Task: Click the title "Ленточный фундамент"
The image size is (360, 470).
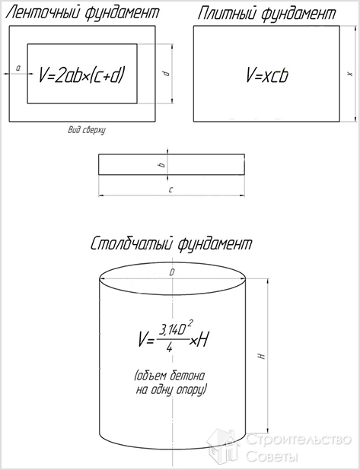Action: pyautogui.click(x=82, y=14)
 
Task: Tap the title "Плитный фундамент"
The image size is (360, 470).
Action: pyautogui.click(x=266, y=14)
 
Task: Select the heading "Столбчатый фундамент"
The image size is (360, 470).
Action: pyautogui.click(x=171, y=244)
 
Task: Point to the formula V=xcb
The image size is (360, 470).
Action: pyautogui.click(x=267, y=75)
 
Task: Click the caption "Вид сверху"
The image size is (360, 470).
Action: pyautogui.click(x=87, y=130)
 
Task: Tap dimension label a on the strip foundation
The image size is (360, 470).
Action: pyautogui.click(x=18, y=68)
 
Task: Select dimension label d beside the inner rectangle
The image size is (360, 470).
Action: pyautogui.click(x=167, y=73)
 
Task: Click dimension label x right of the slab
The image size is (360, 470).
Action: pyautogui.click(x=350, y=74)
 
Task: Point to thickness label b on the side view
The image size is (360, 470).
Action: pyautogui.click(x=162, y=164)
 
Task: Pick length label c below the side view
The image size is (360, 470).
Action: pyautogui.click(x=171, y=189)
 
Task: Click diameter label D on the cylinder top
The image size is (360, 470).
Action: pyautogui.click(x=172, y=272)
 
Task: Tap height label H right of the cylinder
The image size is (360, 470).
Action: pyautogui.click(x=262, y=357)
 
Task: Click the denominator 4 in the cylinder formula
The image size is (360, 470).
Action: pyautogui.click(x=170, y=348)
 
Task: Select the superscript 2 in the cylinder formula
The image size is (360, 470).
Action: pyautogui.click(x=190, y=324)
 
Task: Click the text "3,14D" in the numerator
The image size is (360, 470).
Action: pyautogui.click(x=173, y=331)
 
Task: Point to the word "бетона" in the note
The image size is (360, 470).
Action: pyautogui.click(x=188, y=376)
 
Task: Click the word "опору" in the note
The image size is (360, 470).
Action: pyautogui.click(x=191, y=391)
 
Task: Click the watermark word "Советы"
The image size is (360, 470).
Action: pyautogui.click(x=272, y=456)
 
